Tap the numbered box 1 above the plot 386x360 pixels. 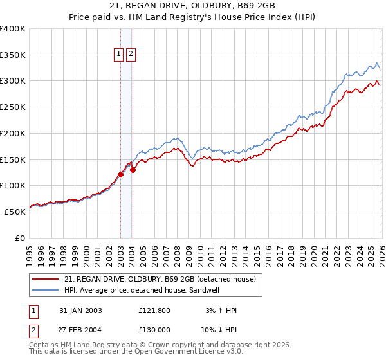tap(120, 55)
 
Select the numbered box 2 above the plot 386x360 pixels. tap(131, 55)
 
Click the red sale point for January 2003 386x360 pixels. tap(120, 174)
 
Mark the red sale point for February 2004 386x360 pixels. tap(133, 170)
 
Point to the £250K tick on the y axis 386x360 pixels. tap(14, 107)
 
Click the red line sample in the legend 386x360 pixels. tap(46, 279)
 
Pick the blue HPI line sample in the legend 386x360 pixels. tap(46, 290)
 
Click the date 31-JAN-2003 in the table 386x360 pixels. tap(80, 310)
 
